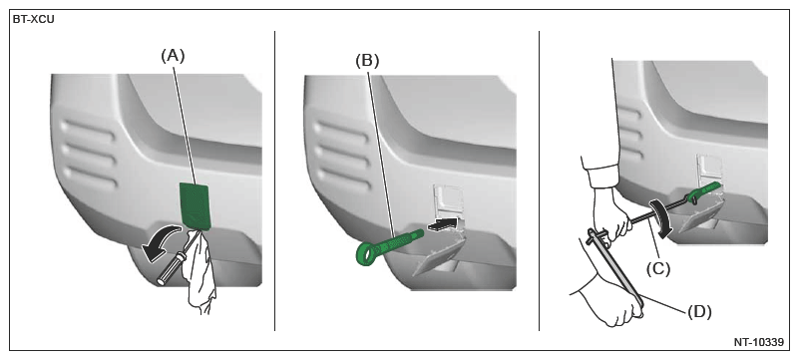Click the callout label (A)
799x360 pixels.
click(x=174, y=56)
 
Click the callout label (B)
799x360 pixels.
click(x=367, y=61)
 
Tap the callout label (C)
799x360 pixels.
click(x=658, y=269)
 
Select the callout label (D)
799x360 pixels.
click(x=699, y=311)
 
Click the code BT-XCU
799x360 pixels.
click(x=34, y=20)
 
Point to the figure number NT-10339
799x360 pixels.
click(x=759, y=342)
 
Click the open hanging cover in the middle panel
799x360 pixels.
click(x=438, y=257)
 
